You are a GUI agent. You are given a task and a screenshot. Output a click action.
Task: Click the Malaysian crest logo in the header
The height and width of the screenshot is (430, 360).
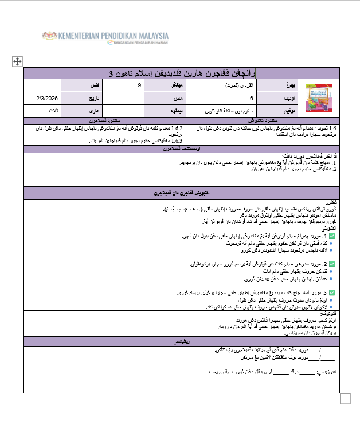[x=49, y=36]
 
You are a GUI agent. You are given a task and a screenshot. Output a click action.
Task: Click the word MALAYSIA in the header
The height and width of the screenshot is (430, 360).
[x=150, y=35]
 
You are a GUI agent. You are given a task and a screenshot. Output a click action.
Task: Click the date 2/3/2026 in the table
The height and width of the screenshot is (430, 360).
[x=52, y=98]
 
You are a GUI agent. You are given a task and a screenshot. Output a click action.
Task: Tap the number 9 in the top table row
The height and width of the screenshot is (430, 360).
[x=140, y=85]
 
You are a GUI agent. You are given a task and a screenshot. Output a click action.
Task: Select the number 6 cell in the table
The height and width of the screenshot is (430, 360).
[x=251, y=98]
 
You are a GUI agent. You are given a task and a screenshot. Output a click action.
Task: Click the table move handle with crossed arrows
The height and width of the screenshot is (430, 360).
[x=17, y=61]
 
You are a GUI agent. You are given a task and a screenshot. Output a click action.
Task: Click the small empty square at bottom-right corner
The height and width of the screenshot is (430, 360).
[x=345, y=398]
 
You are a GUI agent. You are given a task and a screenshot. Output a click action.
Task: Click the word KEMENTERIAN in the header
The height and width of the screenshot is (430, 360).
[x=72, y=35]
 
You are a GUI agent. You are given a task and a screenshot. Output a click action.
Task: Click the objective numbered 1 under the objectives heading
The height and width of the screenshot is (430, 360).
[x=258, y=163]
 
